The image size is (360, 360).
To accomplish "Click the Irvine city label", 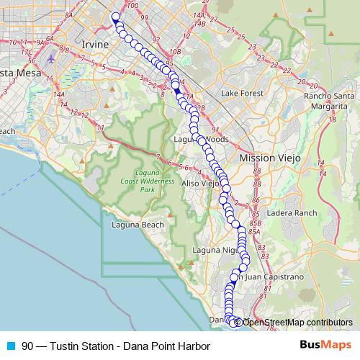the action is click(95, 45).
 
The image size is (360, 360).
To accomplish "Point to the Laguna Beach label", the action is click(138, 225).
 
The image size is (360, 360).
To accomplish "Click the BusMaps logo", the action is click(325, 345).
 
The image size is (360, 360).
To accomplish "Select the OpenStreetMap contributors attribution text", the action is click(297, 322).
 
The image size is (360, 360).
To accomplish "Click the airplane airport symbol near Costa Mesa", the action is click(50, 58).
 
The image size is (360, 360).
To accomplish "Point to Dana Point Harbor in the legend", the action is click(166, 346).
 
